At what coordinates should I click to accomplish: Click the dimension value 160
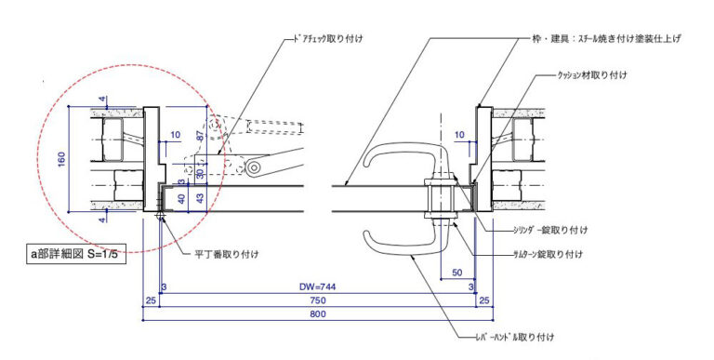[61, 159]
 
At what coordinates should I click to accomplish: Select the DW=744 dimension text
[317, 287]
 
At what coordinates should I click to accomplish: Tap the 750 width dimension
[317, 300]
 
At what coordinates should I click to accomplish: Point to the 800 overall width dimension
[317, 314]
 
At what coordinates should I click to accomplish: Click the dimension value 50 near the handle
[457, 273]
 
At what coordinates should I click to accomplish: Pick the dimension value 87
[201, 135]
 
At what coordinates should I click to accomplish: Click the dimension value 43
[200, 198]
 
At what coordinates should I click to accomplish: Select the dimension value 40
[181, 199]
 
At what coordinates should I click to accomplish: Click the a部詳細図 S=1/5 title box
[75, 254]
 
